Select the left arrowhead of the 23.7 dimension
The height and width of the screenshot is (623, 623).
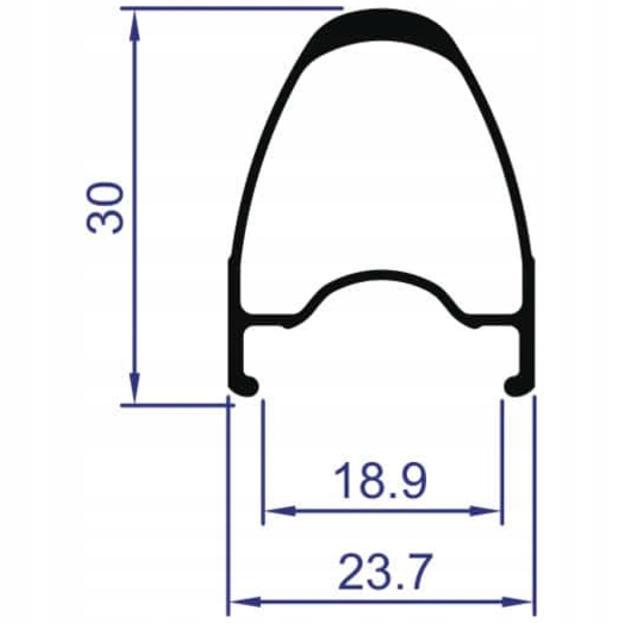(245, 592)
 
